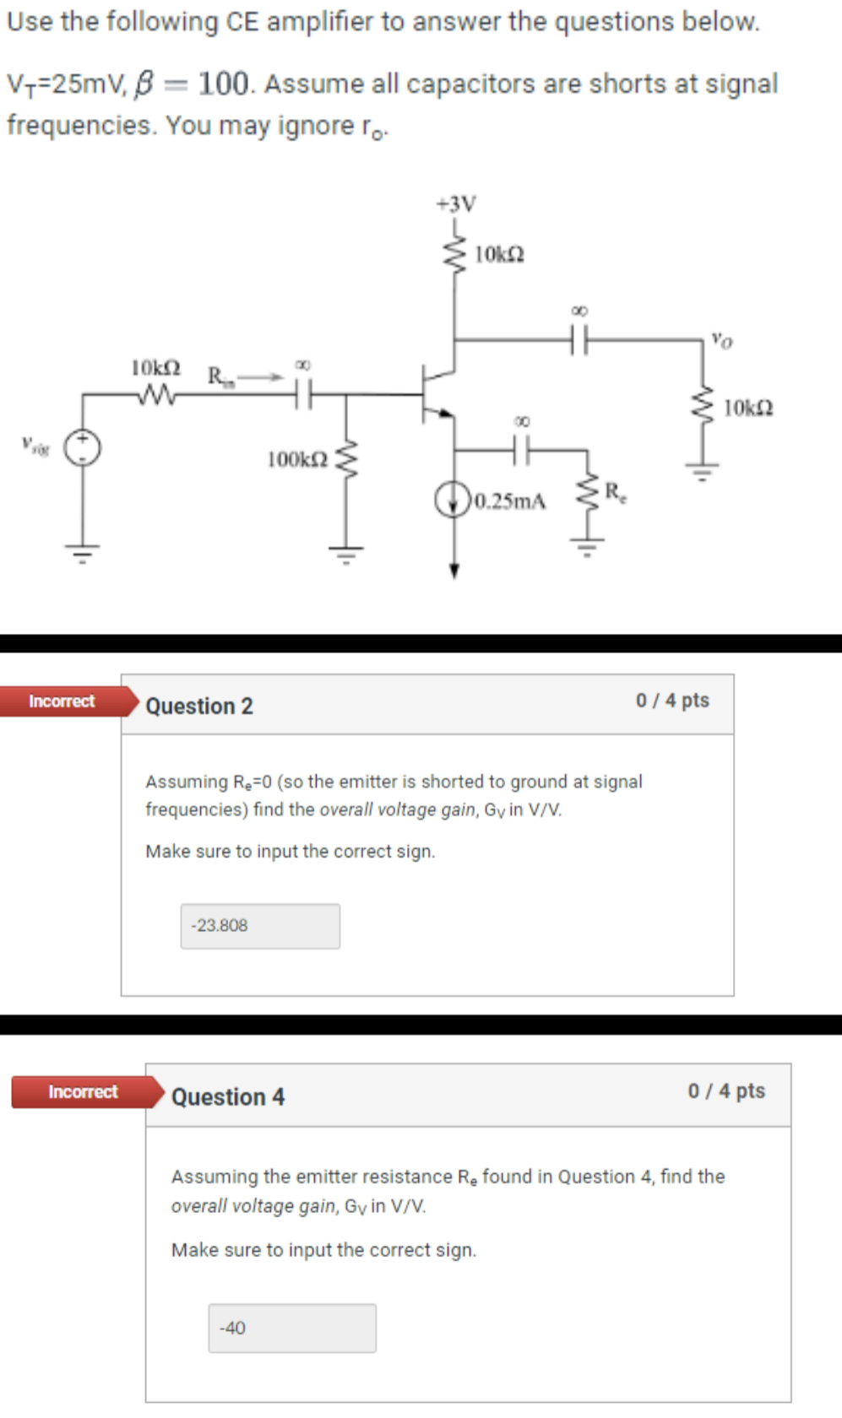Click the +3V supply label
click(456, 203)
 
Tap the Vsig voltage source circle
click(83, 448)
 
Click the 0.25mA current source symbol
click(453, 500)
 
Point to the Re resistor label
click(616, 491)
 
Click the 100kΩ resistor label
click(297, 460)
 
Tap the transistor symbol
click(435, 393)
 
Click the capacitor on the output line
click(579, 340)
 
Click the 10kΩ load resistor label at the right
click(748, 409)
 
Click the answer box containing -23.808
click(260, 926)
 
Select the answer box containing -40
click(292, 1328)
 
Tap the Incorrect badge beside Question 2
click(62, 701)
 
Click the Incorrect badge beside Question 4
click(83, 1091)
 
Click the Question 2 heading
click(199, 706)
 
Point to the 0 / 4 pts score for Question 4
click(726, 1091)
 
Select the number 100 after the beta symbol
click(225, 84)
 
